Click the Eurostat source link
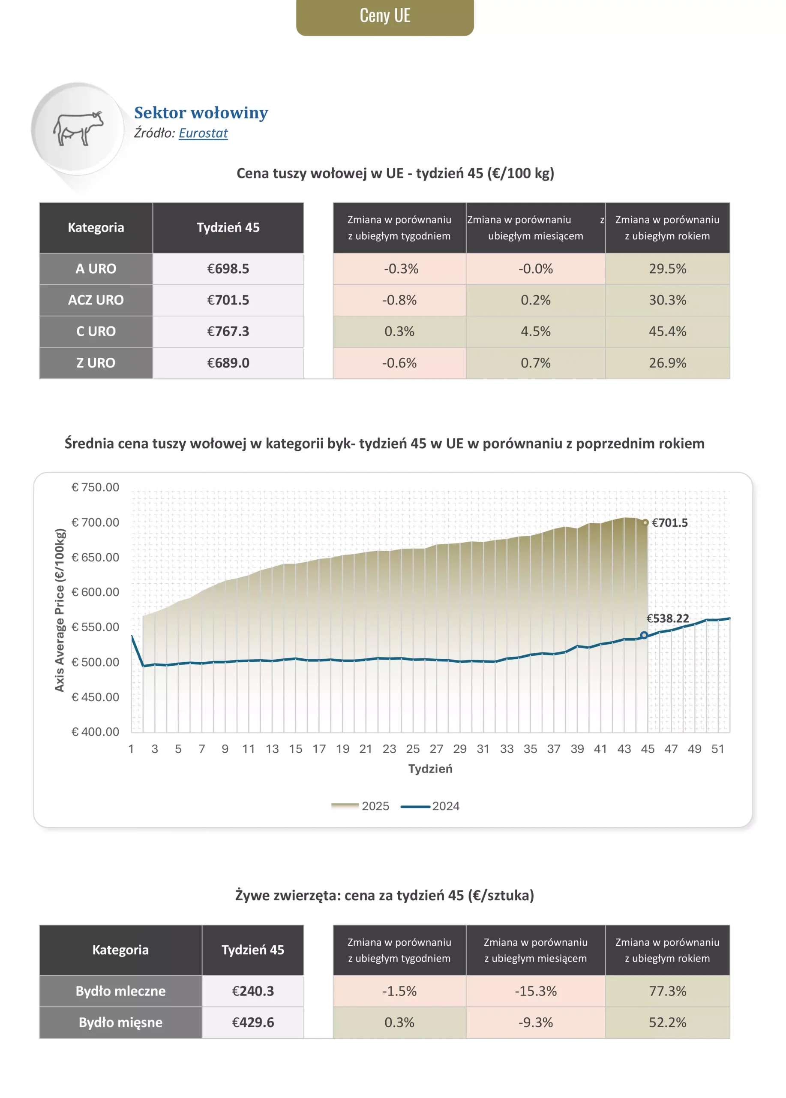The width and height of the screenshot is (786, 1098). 203,133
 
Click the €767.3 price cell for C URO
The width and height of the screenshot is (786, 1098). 228,332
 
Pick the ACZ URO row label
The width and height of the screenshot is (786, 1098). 96,300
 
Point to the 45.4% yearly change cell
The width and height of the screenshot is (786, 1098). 667,332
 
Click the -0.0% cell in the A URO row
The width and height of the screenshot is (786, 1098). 535,268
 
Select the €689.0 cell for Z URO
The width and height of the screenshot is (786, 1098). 228,363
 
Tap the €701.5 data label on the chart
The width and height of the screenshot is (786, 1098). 669,522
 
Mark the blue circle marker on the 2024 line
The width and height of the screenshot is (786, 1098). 644,635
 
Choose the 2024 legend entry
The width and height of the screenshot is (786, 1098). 430,806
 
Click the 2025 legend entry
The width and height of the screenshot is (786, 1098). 360,806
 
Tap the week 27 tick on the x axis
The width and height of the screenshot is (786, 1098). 436,749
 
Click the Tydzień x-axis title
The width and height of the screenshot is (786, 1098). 430,769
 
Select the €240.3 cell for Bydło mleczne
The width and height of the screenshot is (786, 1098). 252,991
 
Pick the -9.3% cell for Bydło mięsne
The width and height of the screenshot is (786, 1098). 535,1023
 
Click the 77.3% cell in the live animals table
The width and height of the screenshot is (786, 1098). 667,991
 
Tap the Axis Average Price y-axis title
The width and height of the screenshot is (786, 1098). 60,610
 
